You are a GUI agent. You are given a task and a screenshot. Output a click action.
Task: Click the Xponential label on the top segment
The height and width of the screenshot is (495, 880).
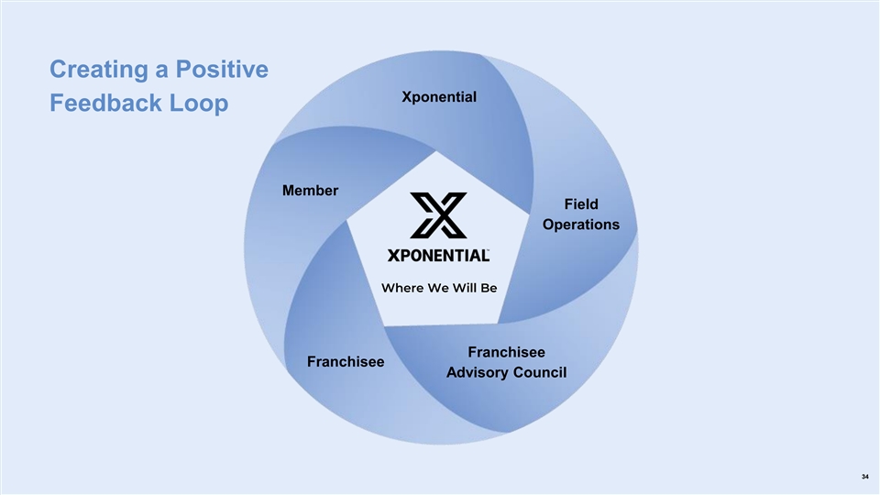pos(439,96)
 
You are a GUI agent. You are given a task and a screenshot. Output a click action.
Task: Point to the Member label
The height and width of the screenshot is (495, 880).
pos(310,191)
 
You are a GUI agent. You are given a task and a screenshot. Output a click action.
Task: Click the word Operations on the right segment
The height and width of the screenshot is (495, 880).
pos(581,225)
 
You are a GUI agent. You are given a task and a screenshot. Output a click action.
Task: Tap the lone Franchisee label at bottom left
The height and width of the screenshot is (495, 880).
pos(346,361)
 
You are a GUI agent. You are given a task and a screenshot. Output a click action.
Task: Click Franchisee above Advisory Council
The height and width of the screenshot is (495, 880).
pos(506,352)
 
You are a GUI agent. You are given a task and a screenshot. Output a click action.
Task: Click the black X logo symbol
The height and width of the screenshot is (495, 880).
pos(438,214)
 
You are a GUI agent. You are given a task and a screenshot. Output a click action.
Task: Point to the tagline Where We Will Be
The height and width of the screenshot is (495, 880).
pos(438,288)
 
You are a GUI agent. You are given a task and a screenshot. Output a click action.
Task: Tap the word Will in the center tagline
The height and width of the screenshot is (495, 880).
pos(463,288)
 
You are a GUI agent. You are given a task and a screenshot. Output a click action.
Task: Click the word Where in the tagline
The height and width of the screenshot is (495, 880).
pos(402,288)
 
